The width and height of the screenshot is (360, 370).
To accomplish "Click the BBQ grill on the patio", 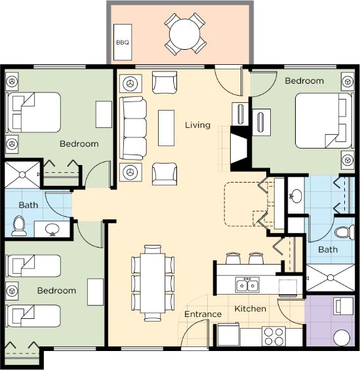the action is click(123, 42).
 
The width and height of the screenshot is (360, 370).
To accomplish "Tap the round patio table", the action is click(185, 34).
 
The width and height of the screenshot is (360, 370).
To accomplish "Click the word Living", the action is click(197, 125).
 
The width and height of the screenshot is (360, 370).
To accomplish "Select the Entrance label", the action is click(203, 314).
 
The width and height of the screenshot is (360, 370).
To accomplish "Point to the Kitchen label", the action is click(250, 308).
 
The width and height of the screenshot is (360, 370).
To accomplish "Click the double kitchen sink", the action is click(247, 285).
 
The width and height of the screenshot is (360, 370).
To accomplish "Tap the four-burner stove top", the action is click(274, 336).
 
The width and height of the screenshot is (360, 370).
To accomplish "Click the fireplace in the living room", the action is click(239, 149).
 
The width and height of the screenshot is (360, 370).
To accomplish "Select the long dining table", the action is click(152, 283).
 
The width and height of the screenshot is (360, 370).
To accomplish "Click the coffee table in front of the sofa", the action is click(167, 128).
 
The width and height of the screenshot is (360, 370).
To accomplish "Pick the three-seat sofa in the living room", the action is click(133, 128).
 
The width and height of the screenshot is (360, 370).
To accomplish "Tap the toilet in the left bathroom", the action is click(19, 226).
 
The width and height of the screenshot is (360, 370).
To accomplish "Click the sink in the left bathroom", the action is click(52, 229).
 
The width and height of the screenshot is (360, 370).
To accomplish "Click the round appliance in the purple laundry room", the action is click(342, 338).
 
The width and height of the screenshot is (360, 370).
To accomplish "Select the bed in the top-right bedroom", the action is click(324, 120).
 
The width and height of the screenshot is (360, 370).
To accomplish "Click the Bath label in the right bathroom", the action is click(328, 250).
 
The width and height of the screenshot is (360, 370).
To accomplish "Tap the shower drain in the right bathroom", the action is click(330, 278).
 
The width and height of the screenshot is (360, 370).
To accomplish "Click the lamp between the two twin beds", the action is click(12, 291).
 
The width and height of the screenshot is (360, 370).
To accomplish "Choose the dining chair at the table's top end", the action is click(153, 249).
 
